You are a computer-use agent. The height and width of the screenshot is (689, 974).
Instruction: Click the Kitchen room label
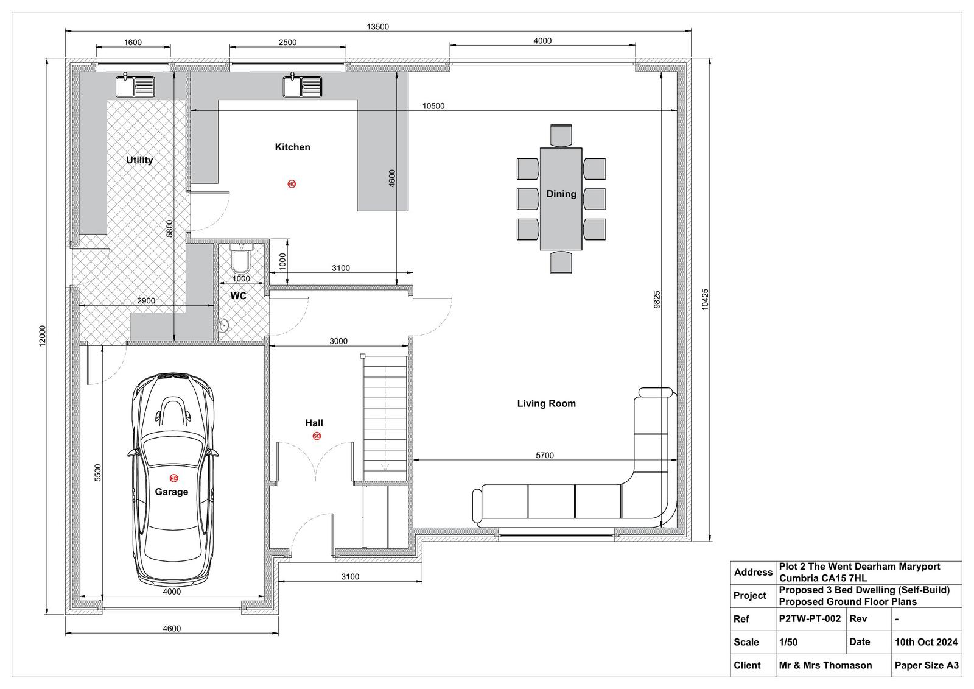292,147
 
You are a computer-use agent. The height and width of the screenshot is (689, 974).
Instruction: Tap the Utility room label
139,160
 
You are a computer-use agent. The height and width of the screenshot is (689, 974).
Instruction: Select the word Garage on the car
171,492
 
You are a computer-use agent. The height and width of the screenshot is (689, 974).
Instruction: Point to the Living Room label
546,403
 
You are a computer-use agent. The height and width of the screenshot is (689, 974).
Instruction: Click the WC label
238,296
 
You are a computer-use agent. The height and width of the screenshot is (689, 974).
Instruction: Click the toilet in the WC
240,258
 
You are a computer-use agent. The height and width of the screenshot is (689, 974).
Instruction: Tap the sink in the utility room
135,86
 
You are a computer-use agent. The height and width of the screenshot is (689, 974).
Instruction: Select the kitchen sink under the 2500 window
302,86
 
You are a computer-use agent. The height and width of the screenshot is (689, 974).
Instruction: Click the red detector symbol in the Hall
317,436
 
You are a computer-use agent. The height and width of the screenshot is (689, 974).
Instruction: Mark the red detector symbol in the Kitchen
292,184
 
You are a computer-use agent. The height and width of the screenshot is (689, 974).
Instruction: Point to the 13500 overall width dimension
377,27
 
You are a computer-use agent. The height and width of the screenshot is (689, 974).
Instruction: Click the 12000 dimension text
42,336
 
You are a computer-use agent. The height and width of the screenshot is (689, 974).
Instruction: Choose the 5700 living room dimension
544,455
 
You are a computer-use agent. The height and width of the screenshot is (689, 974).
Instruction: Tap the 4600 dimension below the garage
171,629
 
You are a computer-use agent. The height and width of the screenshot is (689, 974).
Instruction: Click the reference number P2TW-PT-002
810,618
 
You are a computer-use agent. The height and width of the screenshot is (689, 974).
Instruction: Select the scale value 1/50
788,642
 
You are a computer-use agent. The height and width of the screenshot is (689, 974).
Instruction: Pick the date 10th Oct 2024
926,642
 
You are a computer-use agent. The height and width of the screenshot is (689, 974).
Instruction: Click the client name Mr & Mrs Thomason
825,665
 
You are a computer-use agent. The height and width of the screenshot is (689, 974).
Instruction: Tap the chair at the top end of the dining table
561,135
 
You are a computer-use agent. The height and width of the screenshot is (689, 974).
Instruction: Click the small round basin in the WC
223,324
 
